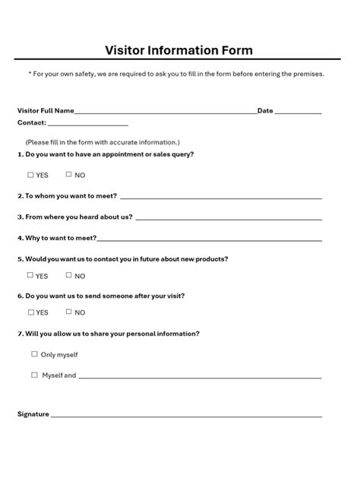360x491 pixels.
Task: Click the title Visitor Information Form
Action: point(179,51)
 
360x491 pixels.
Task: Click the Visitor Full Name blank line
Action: point(166,112)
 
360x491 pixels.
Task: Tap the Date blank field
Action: point(298,112)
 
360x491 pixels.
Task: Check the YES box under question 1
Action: point(31,175)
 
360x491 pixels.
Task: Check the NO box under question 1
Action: point(69,175)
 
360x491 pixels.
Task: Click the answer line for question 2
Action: point(220,198)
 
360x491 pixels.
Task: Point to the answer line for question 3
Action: point(228,219)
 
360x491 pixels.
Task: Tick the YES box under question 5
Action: point(31,276)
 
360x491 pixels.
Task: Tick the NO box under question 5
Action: point(69,276)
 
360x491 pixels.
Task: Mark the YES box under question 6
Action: point(31,312)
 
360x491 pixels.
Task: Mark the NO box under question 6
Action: point(69,312)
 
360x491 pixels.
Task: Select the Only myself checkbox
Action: point(34,354)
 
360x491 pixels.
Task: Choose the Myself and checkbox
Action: point(34,375)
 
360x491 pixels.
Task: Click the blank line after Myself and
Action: point(200,377)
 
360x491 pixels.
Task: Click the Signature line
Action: point(186,417)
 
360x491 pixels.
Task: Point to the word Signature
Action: point(33,414)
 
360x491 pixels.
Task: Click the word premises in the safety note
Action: point(308,74)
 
